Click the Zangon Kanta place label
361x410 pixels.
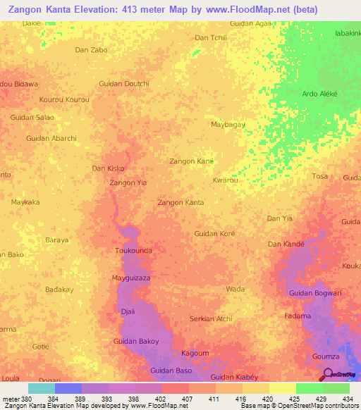(x=180, y=202)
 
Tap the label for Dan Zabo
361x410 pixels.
(x=92, y=50)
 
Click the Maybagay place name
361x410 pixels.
(x=228, y=124)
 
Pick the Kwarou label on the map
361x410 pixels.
(x=225, y=180)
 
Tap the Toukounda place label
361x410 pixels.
(x=133, y=250)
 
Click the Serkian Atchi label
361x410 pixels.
(x=211, y=318)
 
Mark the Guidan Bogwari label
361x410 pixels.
(x=316, y=293)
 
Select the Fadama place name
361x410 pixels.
(x=297, y=316)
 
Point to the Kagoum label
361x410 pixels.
(x=195, y=353)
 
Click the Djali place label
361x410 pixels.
(x=128, y=311)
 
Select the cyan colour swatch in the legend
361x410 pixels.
(x=42, y=388)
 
